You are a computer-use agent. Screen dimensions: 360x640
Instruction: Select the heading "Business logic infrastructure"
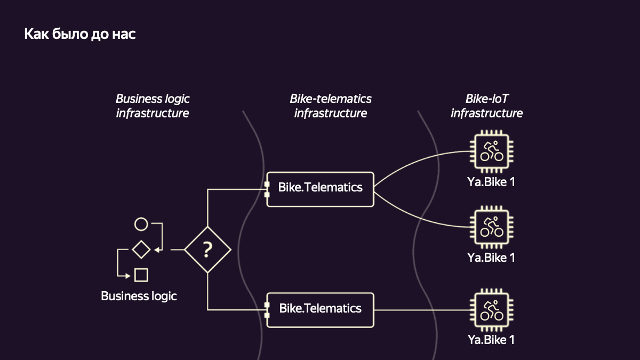point(153,106)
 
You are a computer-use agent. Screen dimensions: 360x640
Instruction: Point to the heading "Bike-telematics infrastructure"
point(331,106)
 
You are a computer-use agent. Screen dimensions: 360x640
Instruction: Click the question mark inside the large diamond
point(207,249)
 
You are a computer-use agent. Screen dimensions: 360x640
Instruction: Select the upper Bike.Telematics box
point(320,189)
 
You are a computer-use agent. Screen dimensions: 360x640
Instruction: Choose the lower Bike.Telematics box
point(320,309)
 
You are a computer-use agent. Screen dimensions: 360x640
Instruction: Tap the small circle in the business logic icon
point(141,225)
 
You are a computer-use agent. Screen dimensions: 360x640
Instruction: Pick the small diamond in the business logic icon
point(141,249)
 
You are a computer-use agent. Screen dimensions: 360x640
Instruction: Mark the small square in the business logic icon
point(141,275)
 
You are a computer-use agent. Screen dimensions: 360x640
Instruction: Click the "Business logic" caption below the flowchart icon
point(139,296)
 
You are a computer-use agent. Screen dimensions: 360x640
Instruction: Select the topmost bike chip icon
point(491,151)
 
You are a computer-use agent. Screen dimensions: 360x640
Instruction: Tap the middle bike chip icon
point(491,227)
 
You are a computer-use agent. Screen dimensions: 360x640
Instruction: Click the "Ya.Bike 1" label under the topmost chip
point(491,182)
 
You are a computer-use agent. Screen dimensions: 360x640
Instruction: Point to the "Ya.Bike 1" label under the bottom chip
point(491,339)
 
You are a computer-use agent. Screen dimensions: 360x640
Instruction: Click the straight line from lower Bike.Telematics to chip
point(421,309)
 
